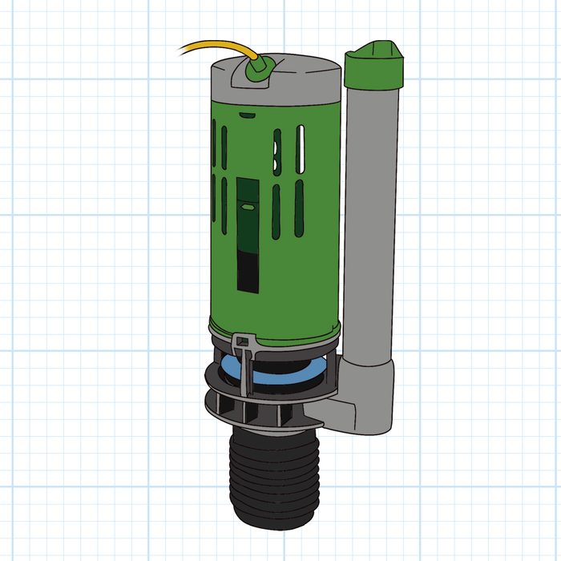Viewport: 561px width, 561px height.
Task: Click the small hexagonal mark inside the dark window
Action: (249, 206)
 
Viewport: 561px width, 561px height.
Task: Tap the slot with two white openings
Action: (276, 152)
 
